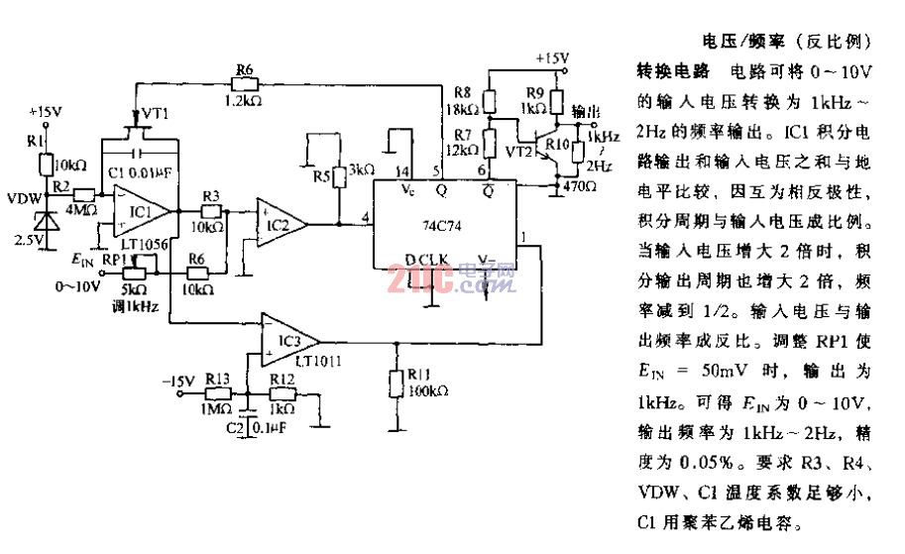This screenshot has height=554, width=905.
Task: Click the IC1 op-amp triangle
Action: tap(138, 212)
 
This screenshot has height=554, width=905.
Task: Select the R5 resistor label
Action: tap(320, 176)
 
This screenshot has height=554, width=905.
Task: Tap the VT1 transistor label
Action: tap(155, 114)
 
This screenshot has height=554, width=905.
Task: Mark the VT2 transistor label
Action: tap(519, 151)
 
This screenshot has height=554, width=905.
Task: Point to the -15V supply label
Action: tap(178, 380)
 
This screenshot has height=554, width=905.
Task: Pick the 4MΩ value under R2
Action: tap(82, 208)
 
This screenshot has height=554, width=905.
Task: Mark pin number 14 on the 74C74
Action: tap(402, 172)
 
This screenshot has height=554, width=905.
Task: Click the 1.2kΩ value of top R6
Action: tap(245, 101)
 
